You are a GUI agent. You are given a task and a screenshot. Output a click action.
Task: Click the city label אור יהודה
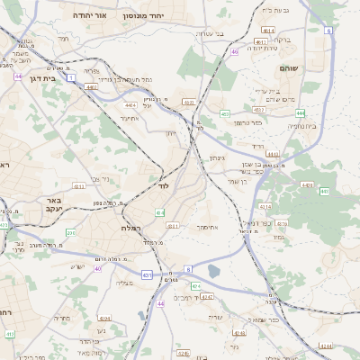(x=88, y=16)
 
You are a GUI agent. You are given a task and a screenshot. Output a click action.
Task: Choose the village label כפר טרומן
(x=247, y=121)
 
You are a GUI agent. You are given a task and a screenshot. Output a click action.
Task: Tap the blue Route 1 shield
(x=70, y=79)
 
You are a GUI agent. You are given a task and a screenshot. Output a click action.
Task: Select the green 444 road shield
(x=300, y=113)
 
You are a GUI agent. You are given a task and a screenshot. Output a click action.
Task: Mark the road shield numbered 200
(x=70, y=233)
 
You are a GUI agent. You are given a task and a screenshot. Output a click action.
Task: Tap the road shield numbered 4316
(x=282, y=223)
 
